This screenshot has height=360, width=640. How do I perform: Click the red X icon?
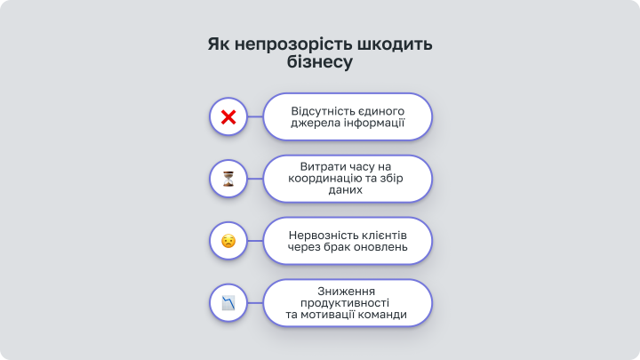pos(228,117)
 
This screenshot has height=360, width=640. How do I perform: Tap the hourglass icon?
pos(228,179)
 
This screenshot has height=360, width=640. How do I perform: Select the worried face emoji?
pos(228,241)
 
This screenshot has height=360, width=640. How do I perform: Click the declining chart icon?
pos(228,303)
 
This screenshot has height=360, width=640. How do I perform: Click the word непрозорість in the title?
pos(294,44)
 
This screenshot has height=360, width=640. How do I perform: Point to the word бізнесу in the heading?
pos(320,61)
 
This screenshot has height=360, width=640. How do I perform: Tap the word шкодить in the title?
pos(395,44)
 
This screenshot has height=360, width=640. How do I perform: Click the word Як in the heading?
pos(219,44)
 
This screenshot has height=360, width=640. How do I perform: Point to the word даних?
pos(345,190)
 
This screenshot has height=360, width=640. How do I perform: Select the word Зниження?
pos(346,292)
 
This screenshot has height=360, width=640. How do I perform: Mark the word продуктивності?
pos(345,303)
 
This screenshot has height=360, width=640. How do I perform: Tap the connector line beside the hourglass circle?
pos(255,179)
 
